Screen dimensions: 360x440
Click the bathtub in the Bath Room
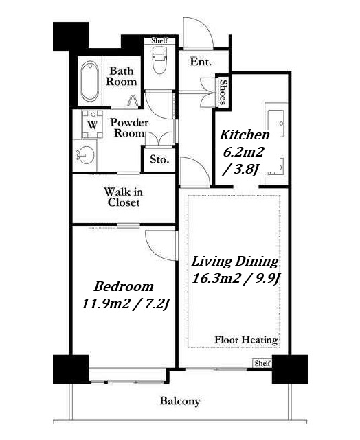pyautogui.click(x=90, y=81)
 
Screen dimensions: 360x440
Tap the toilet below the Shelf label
pyautogui.click(x=159, y=60)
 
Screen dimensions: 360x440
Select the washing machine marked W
pyautogui.click(x=92, y=124)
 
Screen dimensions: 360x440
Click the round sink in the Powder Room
pyautogui.click(x=85, y=155)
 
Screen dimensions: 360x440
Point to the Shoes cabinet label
pyautogui.click(x=223, y=92)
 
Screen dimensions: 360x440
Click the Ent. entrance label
pyautogui.click(x=201, y=62)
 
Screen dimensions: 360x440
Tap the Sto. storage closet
pyautogui.click(x=159, y=159)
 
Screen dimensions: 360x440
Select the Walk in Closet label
pyautogui.click(x=124, y=197)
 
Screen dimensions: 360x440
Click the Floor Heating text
pyautogui.click(x=246, y=340)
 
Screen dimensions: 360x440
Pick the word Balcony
pyautogui.click(x=180, y=401)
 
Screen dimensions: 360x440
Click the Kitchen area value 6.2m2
pyautogui.click(x=243, y=152)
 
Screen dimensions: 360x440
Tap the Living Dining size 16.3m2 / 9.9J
pyautogui.click(x=236, y=279)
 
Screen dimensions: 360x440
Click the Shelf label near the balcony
pyautogui.click(x=262, y=363)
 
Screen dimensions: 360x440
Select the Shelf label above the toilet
pyautogui.click(x=159, y=41)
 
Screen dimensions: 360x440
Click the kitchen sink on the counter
pyautogui.click(x=276, y=123)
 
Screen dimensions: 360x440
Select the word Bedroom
pyautogui.click(x=124, y=286)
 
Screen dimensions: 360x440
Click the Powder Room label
pyautogui.click(x=129, y=128)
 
